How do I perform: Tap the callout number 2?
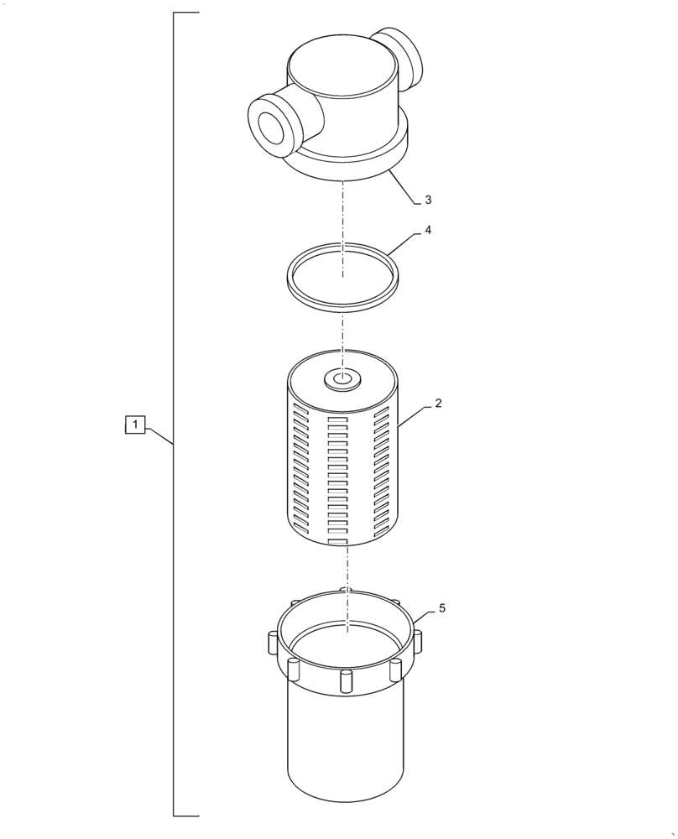point(437,403)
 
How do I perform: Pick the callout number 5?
point(441,607)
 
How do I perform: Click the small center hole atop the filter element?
point(342,380)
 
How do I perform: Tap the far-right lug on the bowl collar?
point(417,642)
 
